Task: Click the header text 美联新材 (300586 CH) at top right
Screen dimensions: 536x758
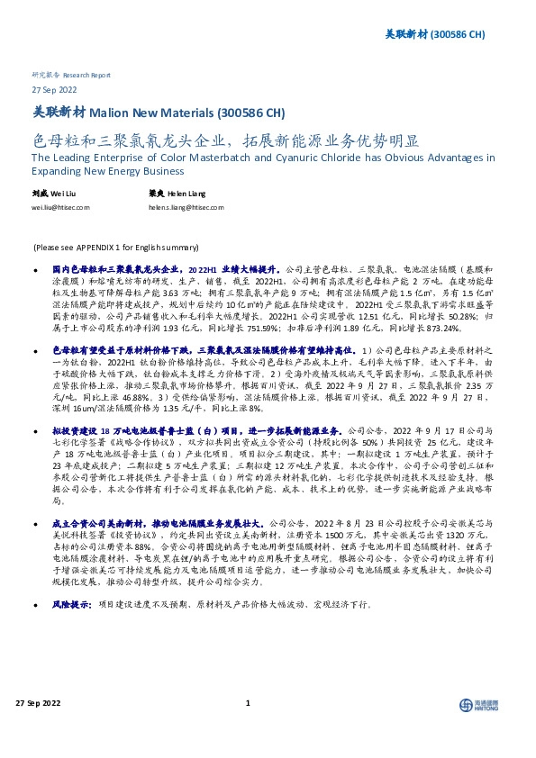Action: click(442, 34)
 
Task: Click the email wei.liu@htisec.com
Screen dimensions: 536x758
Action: click(60, 206)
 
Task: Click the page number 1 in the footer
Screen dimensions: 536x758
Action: click(247, 729)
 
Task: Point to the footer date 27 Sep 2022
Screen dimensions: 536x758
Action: click(35, 729)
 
